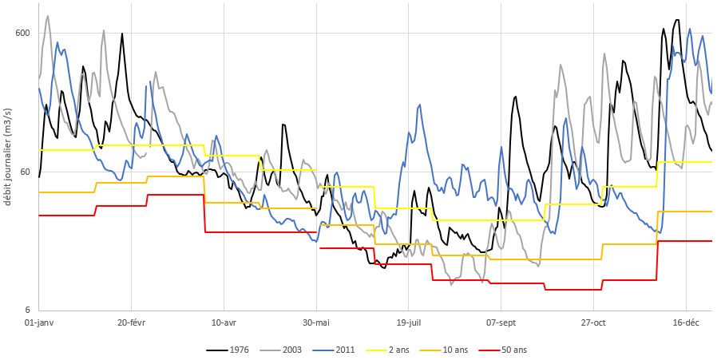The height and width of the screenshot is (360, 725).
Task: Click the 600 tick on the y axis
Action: click(x=22, y=33)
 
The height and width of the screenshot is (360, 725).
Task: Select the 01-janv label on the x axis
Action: click(x=39, y=322)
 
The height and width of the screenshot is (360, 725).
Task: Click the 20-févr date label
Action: click(x=131, y=322)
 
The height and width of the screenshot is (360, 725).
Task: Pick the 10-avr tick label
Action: click(x=224, y=322)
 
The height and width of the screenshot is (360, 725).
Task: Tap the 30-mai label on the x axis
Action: click(x=316, y=322)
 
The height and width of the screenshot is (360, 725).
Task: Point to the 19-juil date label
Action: click(x=408, y=322)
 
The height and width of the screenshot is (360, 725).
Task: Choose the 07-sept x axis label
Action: click(x=501, y=322)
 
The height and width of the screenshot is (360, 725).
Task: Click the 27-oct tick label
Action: click(x=593, y=322)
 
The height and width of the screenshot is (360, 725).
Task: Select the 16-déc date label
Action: click(x=686, y=322)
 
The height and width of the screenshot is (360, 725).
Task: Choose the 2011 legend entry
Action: click(x=344, y=350)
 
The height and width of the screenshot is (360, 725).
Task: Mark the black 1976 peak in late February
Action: click(x=122, y=34)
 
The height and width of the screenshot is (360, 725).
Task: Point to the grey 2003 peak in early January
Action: click(x=48, y=16)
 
